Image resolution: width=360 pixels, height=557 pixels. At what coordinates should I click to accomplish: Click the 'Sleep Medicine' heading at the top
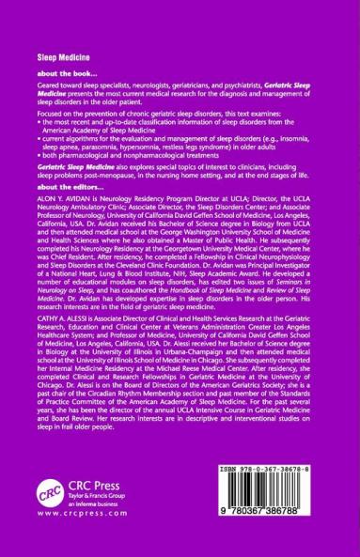50,58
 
